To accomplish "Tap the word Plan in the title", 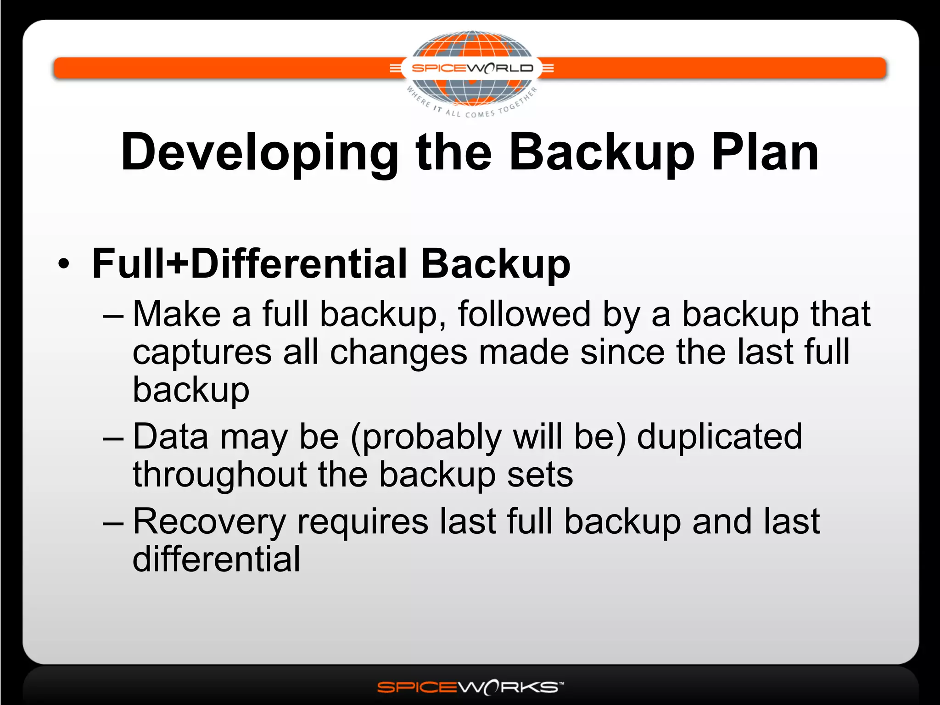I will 765,152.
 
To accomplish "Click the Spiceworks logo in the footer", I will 470,687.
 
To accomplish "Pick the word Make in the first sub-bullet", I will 177,314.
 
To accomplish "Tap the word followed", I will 524,314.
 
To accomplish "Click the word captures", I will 202,352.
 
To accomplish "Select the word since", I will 622,352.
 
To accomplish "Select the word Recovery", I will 209,522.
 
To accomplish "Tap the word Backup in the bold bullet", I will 496,263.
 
